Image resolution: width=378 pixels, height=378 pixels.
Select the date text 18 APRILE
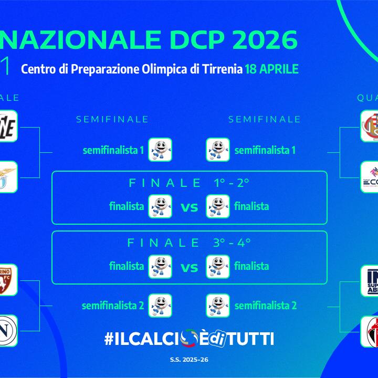pyautogui.click(x=271, y=69)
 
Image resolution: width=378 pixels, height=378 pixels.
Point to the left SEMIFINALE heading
pyautogui.click(x=112, y=120)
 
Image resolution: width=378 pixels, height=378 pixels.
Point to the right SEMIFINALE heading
pyautogui.click(x=265, y=120)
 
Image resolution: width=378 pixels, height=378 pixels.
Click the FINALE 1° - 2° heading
pyautogui.click(x=189, y=183)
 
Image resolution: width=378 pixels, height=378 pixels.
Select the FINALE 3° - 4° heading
pyautogui.click(x=189, y=243)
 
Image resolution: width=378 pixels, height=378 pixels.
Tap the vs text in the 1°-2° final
pyautogui.click(x=189, y=207)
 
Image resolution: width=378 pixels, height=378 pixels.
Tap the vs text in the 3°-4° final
pyautogui.click(x=189, y=267)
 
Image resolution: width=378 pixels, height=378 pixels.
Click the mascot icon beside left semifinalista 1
pyautogui.click(x=160, y=150)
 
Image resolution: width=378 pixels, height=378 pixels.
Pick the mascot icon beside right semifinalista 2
pyautogui.click(x=218, y=306)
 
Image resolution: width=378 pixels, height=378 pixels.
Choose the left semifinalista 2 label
pyautogui.click(x=113, y=306)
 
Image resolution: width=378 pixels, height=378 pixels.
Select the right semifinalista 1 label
pyautogui.click(x=265, y=150)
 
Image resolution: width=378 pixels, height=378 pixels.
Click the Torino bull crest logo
pyautogui.click(x=7, y=280)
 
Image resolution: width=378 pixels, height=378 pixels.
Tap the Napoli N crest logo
pyautogui.click(x=7, y=331)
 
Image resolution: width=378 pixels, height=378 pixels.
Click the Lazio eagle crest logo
pyautogui.click(x=7, y=177)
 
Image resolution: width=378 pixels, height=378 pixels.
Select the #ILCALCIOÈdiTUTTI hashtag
pyautogui.click(x=189, y=339)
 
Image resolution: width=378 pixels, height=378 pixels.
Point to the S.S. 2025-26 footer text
pyautogui.click(x=189, y=360)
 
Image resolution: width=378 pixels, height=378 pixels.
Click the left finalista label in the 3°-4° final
pyautogui.click(x=127, y=266)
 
